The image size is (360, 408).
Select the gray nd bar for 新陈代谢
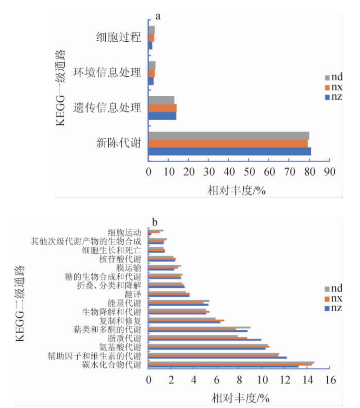(x=228, y=135)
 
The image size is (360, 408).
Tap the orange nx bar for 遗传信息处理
(x=162, y=108)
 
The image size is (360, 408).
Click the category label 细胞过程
(x=118, y=37)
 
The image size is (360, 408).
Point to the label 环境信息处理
(x=107, y=72)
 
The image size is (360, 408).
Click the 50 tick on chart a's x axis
(x=249, y=172)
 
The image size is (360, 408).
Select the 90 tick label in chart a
(x=330, y=172)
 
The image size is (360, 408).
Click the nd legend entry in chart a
(x=334, y=77)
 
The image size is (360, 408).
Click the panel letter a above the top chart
(x=158, y=16)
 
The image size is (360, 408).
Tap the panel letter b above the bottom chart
(x=155, y=222)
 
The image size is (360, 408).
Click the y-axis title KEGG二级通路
(x=21, y=302)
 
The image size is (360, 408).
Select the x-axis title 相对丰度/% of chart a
(x=237, y=190)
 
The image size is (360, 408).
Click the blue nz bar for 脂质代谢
(x=205, y=340)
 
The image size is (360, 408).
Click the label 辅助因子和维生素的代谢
(x=94, y=356)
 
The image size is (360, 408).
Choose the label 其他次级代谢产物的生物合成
(x=86, y=242)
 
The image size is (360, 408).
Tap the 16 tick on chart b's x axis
(x=329, y=380)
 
